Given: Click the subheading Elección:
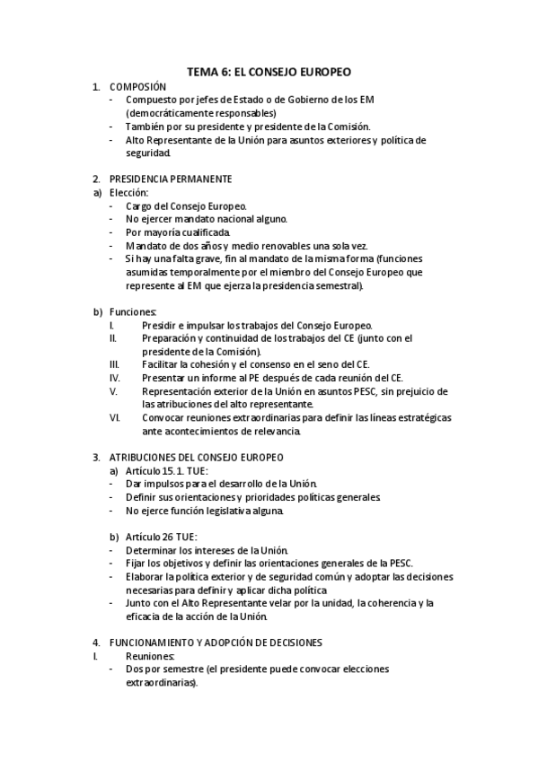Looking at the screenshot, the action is click(128, 192).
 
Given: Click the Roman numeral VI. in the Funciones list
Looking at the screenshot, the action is click(114, 417).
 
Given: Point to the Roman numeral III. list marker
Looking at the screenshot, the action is click(114, 364).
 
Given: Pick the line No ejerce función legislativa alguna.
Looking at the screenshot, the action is click(205, 511).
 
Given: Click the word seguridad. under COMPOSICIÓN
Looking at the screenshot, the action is click(147, 153).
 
